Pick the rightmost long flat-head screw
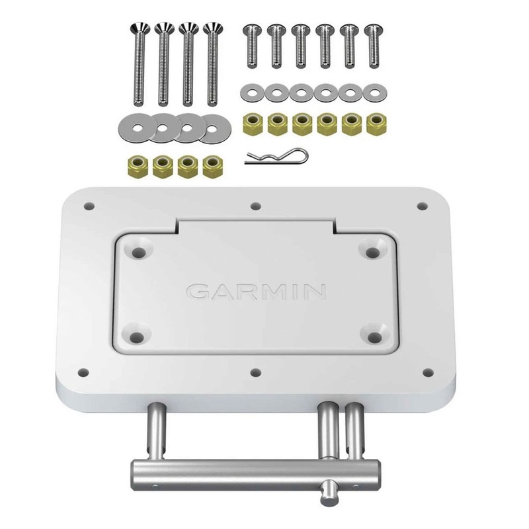coord(212,63)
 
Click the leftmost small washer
coord(251,90)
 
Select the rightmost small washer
coord(374,90)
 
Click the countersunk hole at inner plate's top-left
coord(140,251)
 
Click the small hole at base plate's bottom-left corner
coord(83,371)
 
